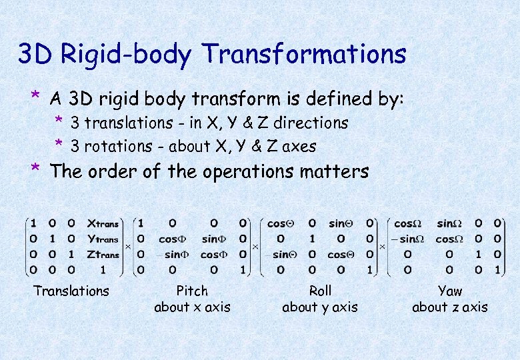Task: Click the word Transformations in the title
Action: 303,54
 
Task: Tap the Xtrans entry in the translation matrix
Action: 103,224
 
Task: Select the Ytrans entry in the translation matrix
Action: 103,239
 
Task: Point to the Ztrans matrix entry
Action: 103,254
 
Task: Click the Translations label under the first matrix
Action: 71,291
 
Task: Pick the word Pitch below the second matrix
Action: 192,291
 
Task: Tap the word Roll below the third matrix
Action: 320,291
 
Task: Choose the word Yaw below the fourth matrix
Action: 450,291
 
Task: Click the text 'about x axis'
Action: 192,307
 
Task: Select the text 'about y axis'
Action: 320,307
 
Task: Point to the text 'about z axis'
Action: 450,307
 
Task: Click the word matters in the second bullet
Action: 333,172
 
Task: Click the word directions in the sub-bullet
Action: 311,123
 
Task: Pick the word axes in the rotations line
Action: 300,146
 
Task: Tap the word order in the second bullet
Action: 111,172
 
